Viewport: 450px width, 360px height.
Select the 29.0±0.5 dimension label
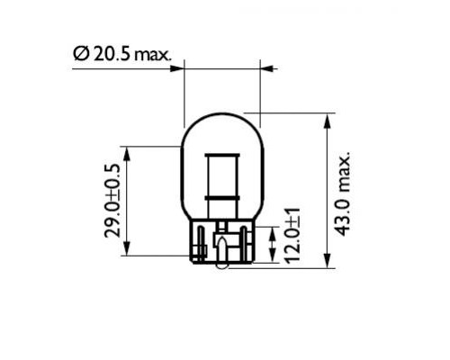click(112, 201)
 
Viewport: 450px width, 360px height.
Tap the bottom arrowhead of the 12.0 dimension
click(273, 249)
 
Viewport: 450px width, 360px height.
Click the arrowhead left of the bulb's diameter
click(177, 67)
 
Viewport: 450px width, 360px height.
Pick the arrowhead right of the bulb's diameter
click(267, 67)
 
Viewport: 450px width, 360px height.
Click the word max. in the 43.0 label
click(343, 169)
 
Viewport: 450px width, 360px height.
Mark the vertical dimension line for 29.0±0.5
click(127, 201)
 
